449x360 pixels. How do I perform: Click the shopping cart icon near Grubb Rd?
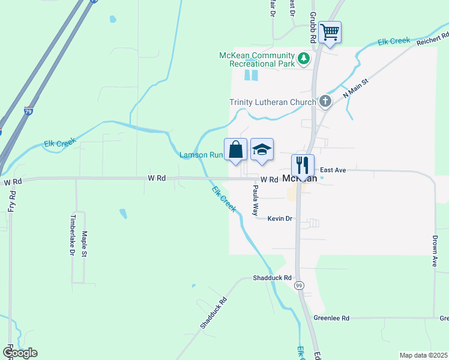[330, 32]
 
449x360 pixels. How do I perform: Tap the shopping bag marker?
[235, 149]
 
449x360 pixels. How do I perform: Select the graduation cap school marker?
[262, 149]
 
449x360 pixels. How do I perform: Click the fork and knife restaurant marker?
[303, 164]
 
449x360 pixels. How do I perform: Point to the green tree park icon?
[304, 58]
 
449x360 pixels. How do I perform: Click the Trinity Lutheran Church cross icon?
[325, 101]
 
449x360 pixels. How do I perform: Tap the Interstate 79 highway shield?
[29, 112]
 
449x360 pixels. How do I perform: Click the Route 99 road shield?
[299, 286]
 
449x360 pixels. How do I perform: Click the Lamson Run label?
[201, 155]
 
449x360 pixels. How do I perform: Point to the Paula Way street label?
[255, 200]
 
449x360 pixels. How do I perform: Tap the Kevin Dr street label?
[280, 219]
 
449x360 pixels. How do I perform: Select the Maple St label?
[85, 244]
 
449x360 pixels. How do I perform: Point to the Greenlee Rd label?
[331, 318]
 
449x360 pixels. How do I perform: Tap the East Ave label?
[333, 170]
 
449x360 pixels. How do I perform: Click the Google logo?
[20, 353]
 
